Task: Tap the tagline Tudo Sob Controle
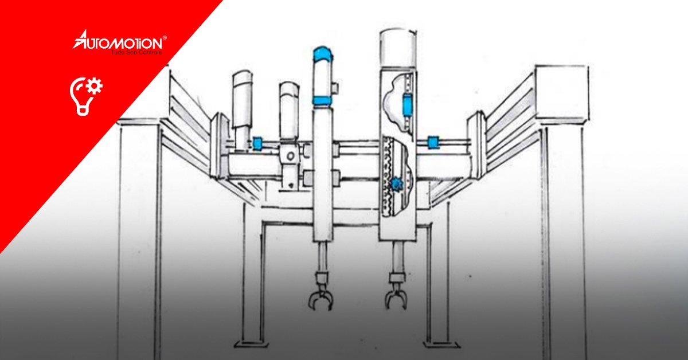[136, 53]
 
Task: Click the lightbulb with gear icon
[85, 96]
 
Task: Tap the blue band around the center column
[322, 100]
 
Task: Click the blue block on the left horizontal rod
[257, 143]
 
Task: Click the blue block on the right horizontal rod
[432, 142]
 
